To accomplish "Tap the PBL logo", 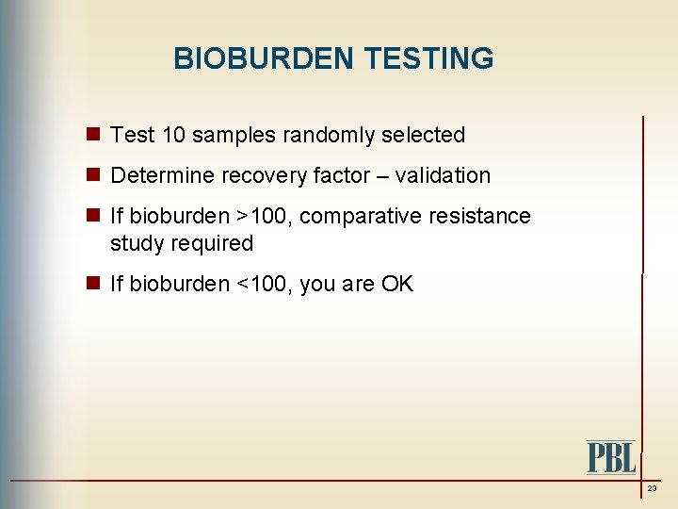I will [611, 457].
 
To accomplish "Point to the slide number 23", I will [652, 489].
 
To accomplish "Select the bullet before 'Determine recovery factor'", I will [94, 175].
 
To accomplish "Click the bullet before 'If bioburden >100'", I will [94, 216].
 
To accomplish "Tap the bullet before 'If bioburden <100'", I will [94, 284].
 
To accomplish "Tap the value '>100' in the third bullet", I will [264, 217].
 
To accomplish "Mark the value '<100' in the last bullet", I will [264, 285].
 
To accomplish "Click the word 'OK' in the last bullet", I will [396, 285].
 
